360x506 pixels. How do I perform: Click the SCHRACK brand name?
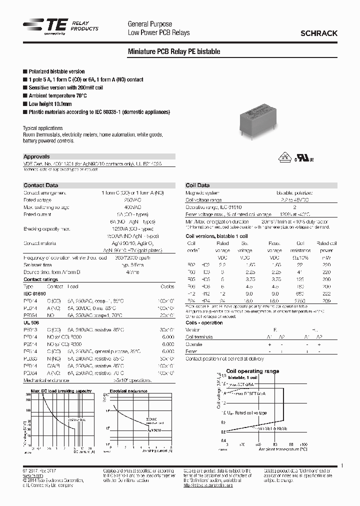(318, 33)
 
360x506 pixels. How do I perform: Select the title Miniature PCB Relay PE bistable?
(174, 52)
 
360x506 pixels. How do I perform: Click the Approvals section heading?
(36, 156)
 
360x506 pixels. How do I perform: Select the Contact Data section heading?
(41, 185)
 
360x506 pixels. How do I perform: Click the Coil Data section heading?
(197, 185)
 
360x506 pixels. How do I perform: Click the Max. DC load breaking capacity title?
(61, 390)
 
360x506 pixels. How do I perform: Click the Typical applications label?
(43, 128)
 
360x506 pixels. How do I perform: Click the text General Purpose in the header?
(150, 24)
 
